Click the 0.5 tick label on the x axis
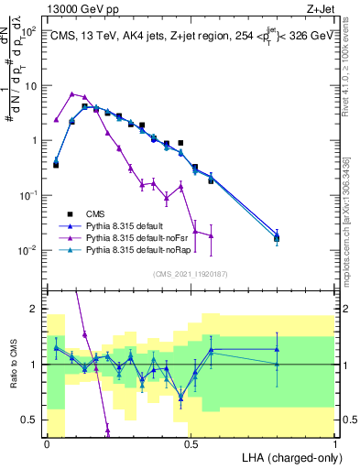(x=191, y=443)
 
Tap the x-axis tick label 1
(x=335, y=443)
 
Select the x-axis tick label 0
(x=48, y=443)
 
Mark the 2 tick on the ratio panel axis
(x=34, y=309)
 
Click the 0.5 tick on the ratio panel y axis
(x=30, y=420)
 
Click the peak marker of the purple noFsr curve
(x=71, y=93)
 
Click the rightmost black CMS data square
(x=278, y=239)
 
